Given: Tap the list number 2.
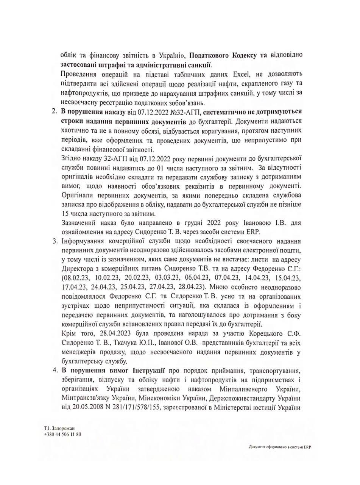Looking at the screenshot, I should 53,111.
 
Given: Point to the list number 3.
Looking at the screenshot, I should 54,241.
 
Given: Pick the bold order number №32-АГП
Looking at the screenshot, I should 183,111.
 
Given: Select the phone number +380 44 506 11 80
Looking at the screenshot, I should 62,434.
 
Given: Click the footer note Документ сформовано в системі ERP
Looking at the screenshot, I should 280,447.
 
